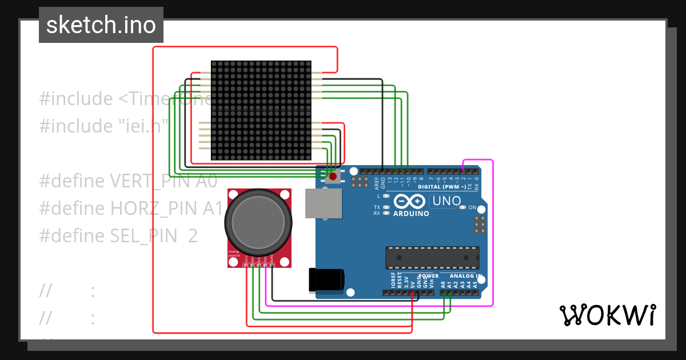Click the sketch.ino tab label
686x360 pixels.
click(101, 25)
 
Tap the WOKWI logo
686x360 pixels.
click(607, 315)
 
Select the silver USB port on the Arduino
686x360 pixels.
click(324, 203)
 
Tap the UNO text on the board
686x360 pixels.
click(446, 201)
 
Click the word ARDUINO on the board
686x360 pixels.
click(411, 214)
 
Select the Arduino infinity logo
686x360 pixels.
click(409, 201)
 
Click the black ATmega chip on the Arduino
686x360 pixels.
click(432, 258)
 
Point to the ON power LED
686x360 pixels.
click(464, 207)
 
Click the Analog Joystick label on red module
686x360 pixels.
click(234, 253)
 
